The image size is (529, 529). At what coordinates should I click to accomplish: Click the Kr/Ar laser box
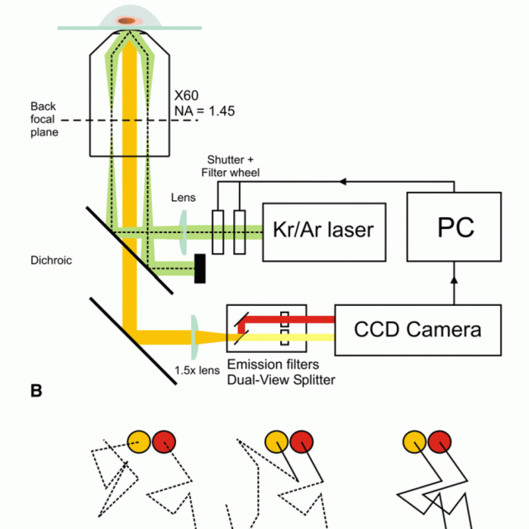pos(324,232)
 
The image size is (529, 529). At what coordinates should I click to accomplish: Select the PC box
pos(454,226)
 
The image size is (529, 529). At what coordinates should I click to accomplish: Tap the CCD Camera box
pos(418,330)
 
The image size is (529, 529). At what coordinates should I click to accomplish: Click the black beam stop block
pos(200,269)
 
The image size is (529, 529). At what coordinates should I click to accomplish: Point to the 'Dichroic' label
pos(51,260)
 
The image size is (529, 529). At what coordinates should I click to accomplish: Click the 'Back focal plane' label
pos(44,119)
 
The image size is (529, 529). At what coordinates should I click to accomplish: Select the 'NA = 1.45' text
pos(204,111)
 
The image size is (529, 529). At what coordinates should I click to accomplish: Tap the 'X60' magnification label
pos(187,96)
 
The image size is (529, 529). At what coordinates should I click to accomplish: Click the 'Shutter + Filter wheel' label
pos(231,166)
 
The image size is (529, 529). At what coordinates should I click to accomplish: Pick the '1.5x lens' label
pos(197,370)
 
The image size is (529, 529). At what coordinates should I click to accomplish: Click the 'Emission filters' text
pos(273,365)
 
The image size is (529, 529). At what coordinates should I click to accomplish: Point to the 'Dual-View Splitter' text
pos(281,380)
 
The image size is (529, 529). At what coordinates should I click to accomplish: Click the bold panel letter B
pos(36,391)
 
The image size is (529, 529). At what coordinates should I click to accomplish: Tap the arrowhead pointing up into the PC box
pos(454,279)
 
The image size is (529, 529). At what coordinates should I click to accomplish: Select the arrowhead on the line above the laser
pos(343,182)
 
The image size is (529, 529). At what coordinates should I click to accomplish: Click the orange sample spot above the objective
pos(126,21)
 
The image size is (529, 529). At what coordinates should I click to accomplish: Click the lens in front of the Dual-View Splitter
pos(194,337)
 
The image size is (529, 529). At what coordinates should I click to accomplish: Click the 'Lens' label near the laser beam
pos(183,198)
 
